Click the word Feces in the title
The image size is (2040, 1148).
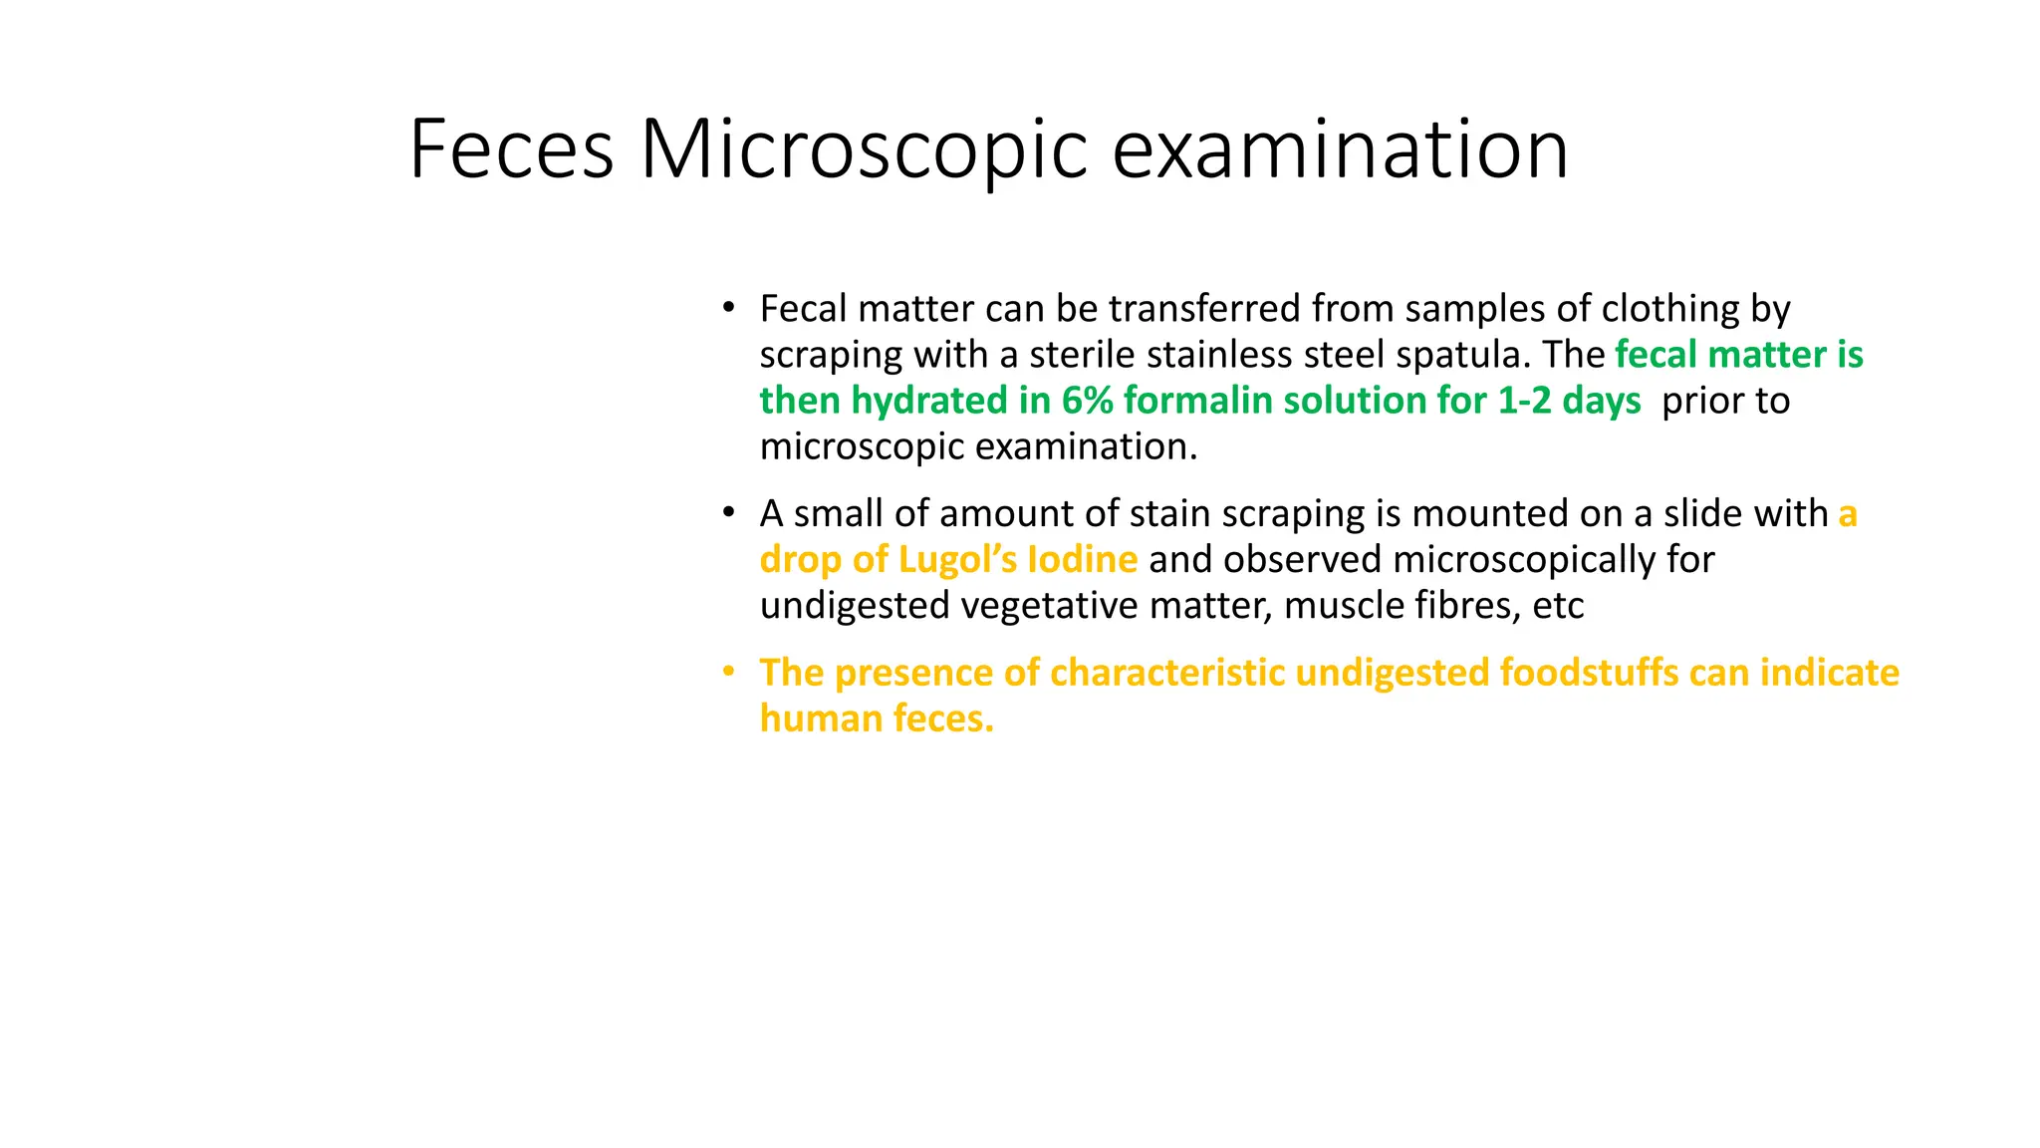(511, 149)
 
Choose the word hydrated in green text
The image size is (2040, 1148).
(929, 401)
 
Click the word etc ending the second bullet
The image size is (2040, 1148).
(1558, 606)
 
